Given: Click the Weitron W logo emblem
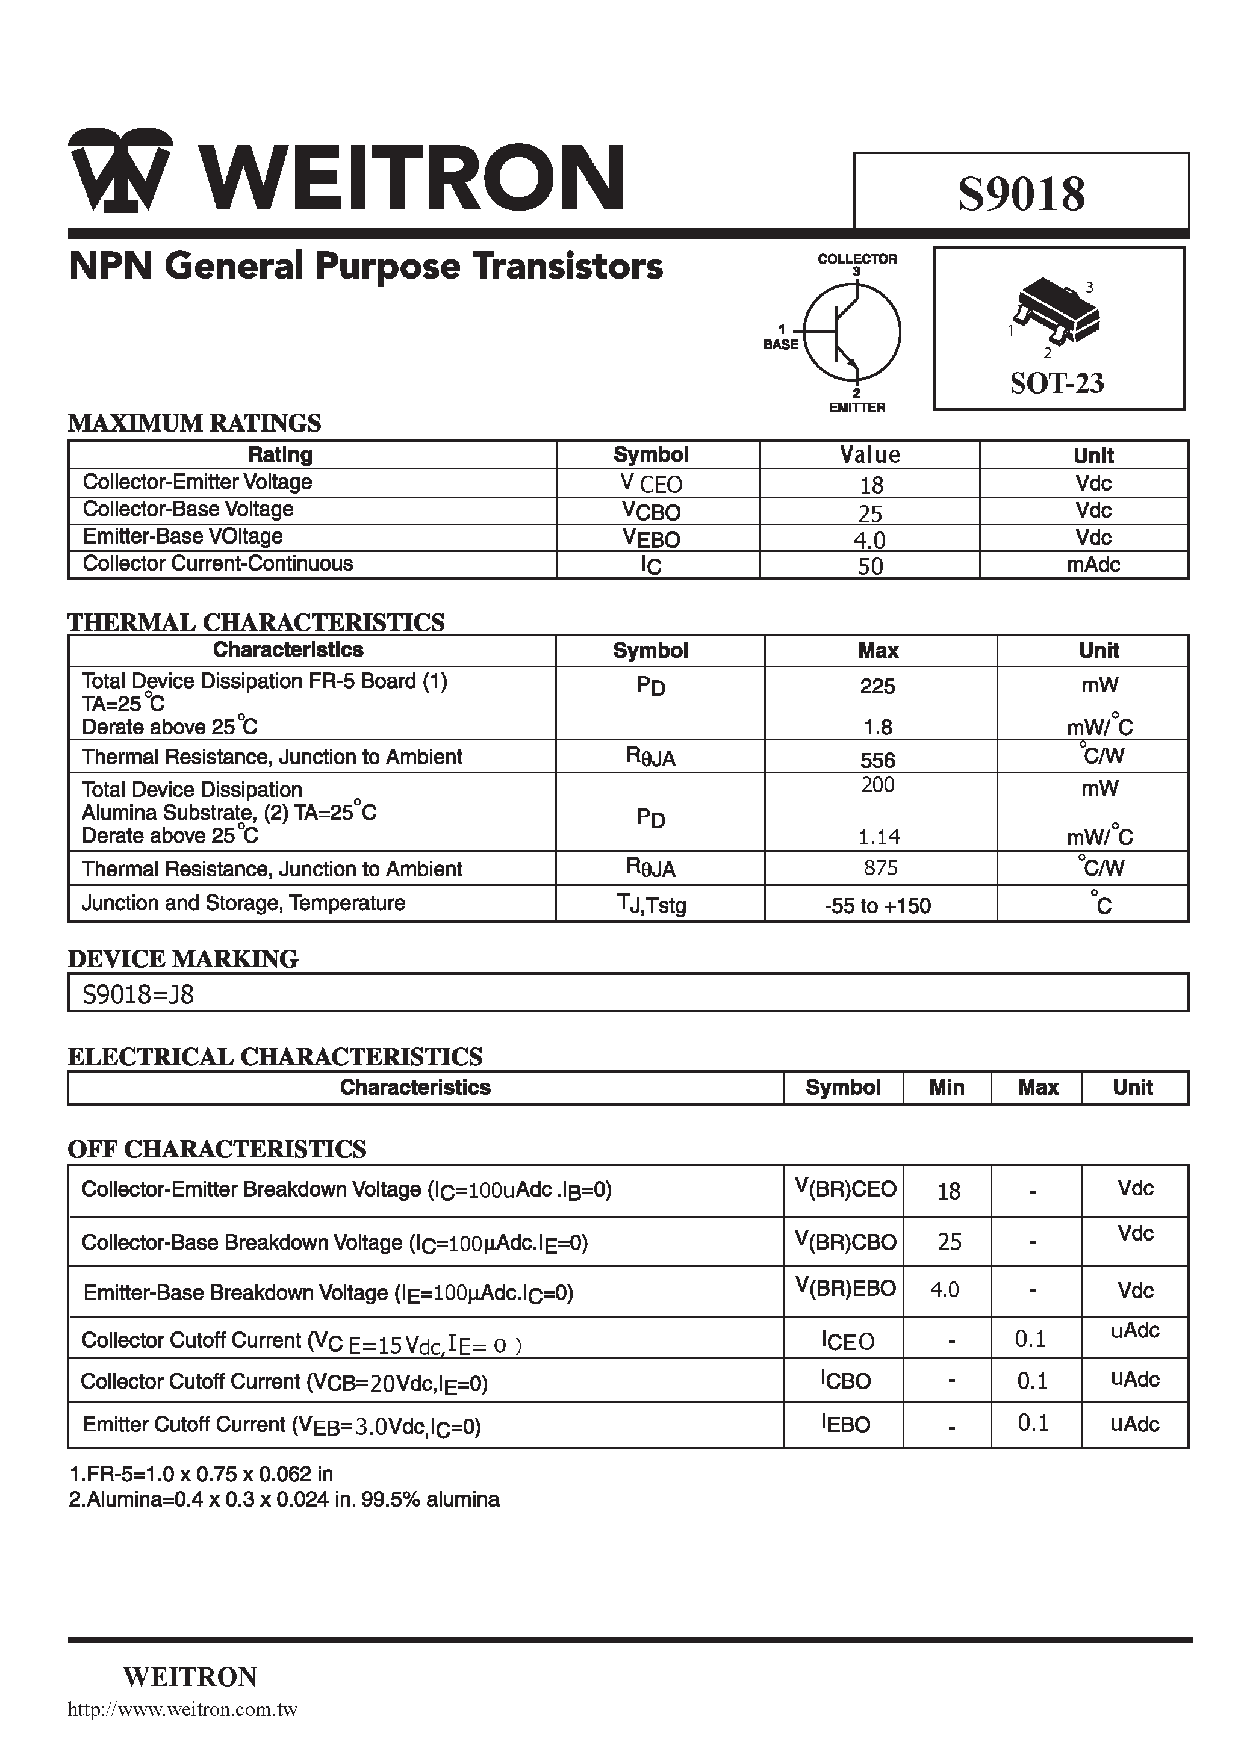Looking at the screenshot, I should click(120, 170).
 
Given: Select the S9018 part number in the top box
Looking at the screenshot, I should click(1021, 194).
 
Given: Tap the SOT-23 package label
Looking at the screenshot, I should click(1057, 382).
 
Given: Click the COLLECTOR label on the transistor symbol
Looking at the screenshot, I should click(857, 259).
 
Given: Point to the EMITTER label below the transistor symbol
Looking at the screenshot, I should click(857, 408).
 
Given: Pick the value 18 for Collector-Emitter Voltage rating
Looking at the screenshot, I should click(871, 485).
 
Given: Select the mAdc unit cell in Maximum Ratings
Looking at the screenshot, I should click(1093, 565).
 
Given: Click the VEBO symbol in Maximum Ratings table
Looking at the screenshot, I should click(650, 538).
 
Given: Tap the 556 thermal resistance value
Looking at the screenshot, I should click(877, 760).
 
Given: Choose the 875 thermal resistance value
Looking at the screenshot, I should click(880, 868).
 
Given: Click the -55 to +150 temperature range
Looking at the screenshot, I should click(877, 906).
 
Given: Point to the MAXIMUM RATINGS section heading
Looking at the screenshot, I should click(195, 423).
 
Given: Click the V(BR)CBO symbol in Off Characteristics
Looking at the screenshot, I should click(844, 1241).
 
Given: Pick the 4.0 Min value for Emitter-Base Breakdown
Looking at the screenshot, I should click(944, 1289).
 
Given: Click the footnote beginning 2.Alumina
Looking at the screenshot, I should click(284, 1499).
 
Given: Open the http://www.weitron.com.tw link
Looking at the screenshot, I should click(182, 1710).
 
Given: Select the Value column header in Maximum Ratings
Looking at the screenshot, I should click(869, 455).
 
